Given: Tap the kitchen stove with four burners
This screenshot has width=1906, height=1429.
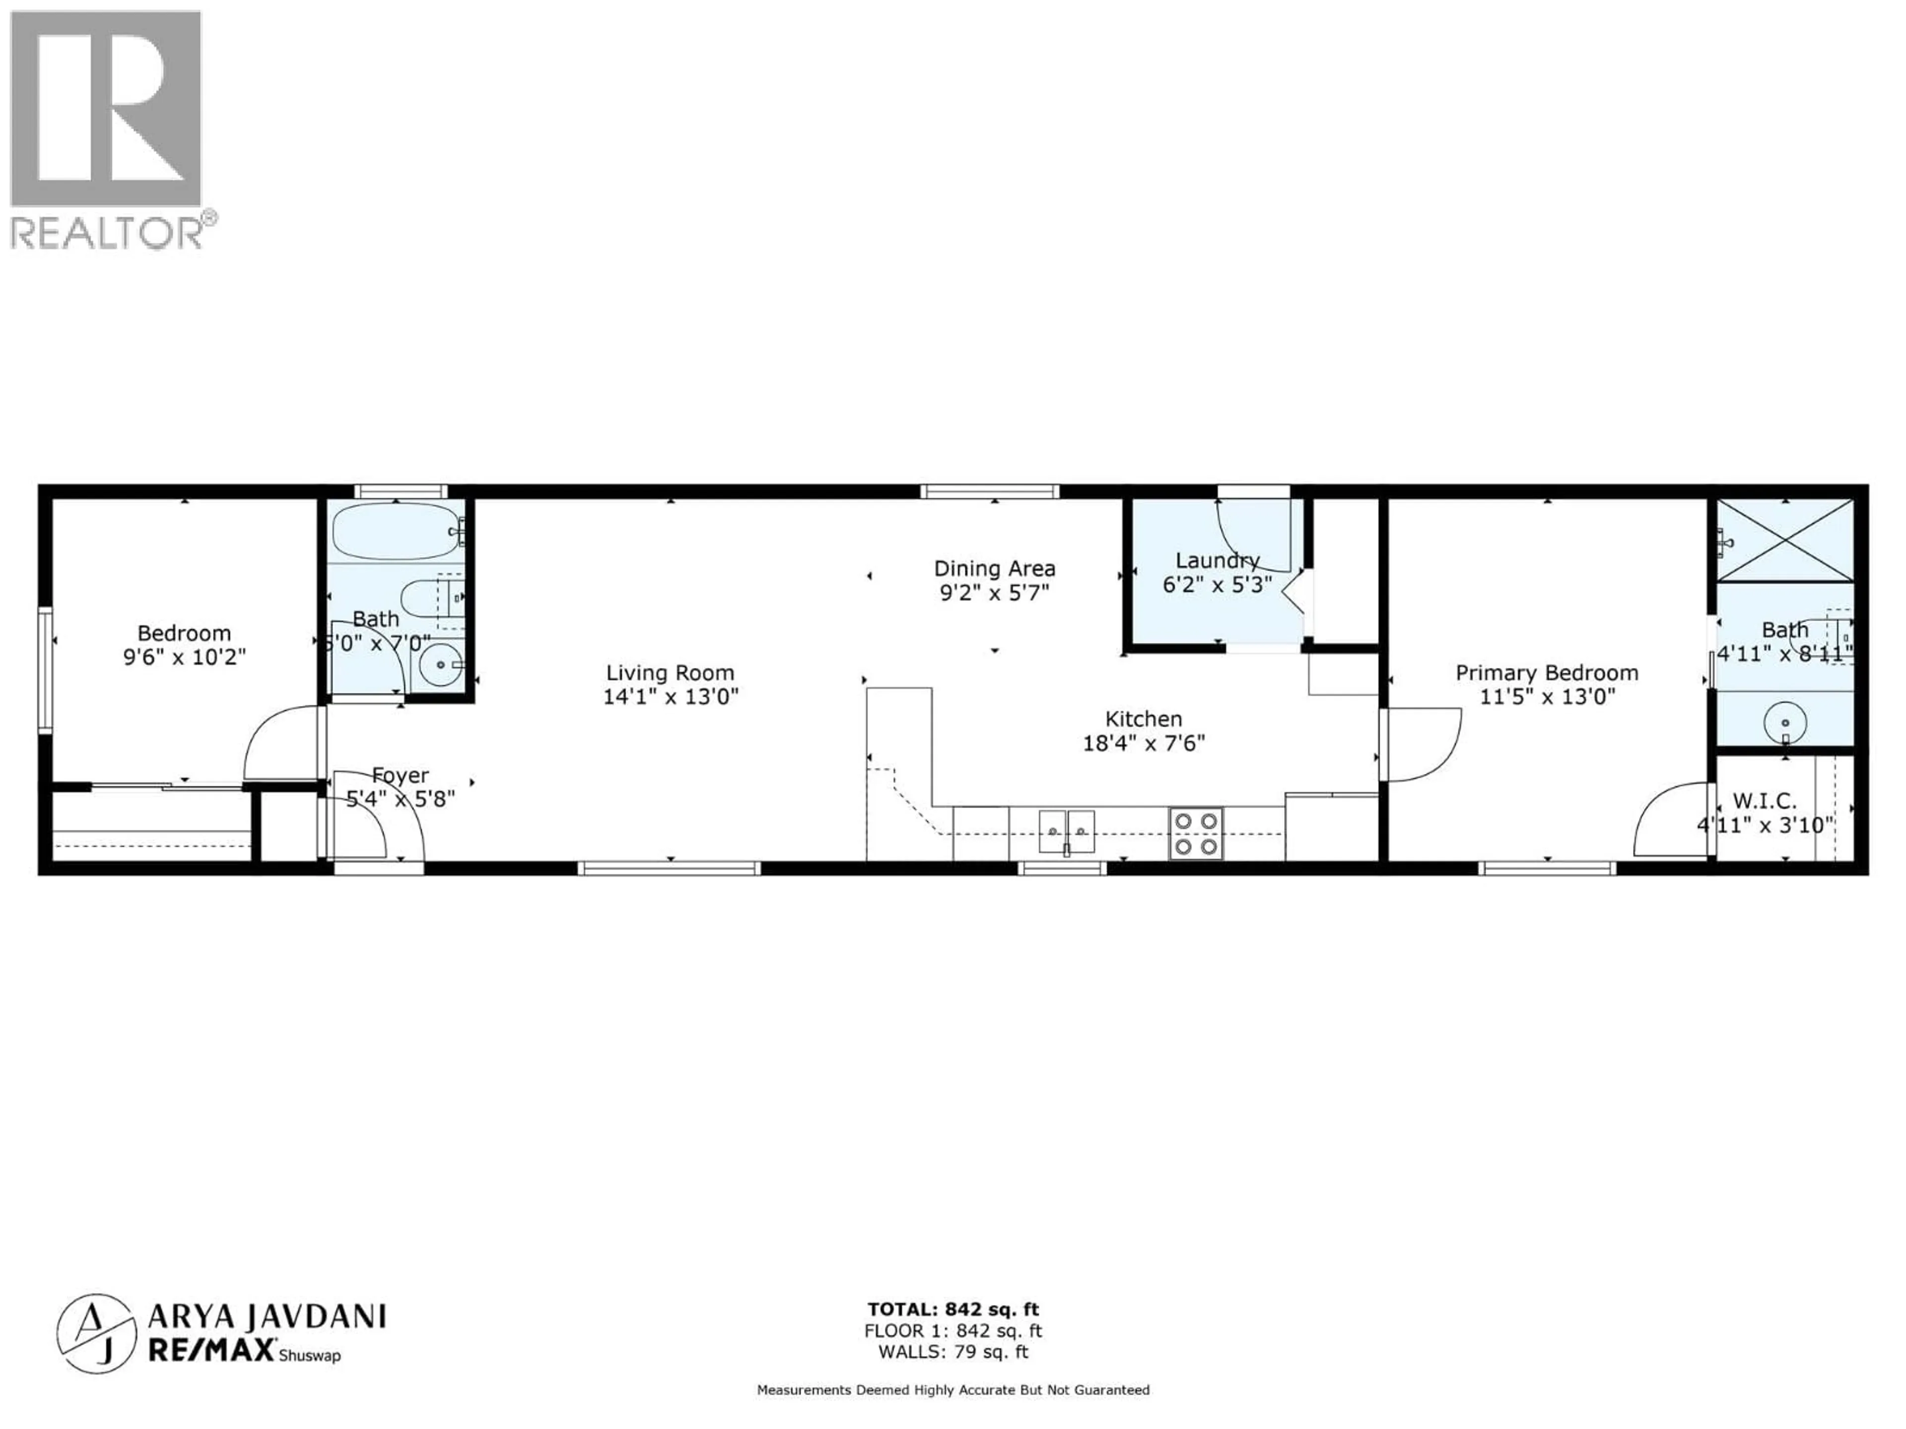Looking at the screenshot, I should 1195,833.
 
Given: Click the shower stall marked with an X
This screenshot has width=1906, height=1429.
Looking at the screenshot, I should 1784,540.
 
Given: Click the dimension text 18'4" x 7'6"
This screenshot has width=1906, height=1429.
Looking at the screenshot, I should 1144,742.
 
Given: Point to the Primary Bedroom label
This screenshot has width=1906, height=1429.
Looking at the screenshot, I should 1547,673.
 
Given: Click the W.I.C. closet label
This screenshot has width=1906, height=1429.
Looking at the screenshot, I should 1764,801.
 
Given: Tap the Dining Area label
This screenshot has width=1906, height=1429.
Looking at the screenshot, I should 994,569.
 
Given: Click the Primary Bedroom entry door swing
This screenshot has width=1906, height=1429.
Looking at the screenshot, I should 1422,742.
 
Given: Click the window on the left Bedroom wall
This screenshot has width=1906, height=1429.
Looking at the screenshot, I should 45,670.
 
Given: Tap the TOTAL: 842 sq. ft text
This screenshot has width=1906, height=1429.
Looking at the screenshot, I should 953,1310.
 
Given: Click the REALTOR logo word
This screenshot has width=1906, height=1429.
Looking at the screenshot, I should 106,233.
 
